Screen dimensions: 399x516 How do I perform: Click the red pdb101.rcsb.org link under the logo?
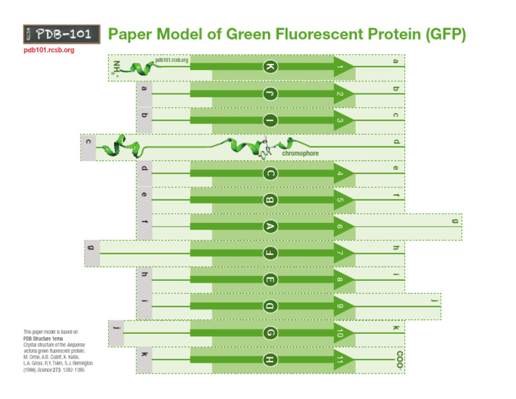(45, 50)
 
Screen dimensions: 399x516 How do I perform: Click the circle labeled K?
(270, 67)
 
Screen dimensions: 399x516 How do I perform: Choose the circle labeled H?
(270, 360)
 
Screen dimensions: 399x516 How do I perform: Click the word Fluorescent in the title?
(289, 34)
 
